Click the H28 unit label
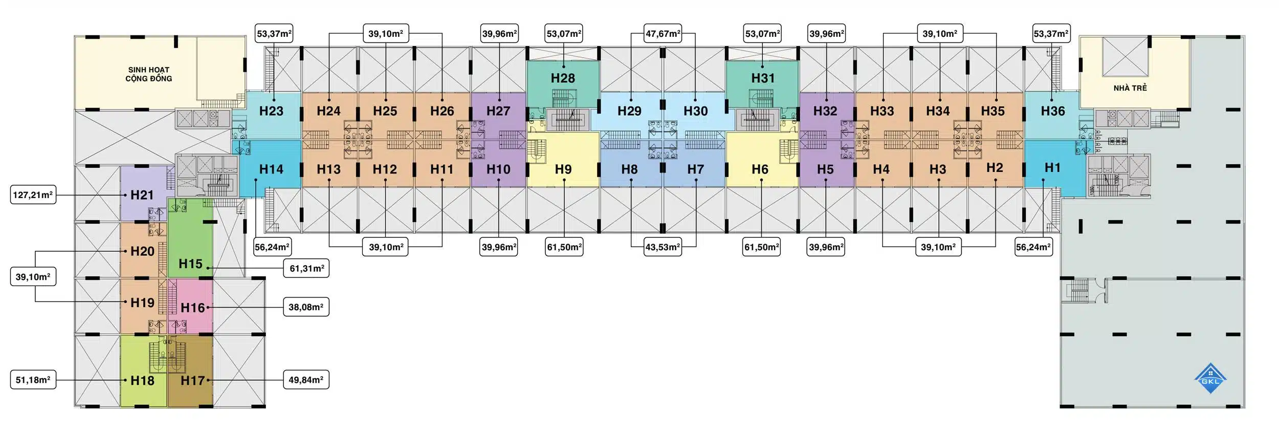point(563,78)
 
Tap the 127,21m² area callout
point(33,195)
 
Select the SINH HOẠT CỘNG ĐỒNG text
point(148,74)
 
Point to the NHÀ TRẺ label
point(1130,88)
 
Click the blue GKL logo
point(1210,379)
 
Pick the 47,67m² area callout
point(663,34)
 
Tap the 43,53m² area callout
point(663,247)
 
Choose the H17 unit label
point(193,381)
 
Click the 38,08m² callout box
point(306,307)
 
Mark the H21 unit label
point(142,195)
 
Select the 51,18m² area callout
point(33,380)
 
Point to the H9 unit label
point(563,169)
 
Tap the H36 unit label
point(1052,111)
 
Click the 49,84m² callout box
point(306,380)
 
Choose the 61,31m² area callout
point(306,268)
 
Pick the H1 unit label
point(1052,168)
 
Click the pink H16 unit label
point(193,308)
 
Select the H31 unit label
point(763,78)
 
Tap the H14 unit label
point(271,169)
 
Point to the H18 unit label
point(142,381)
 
